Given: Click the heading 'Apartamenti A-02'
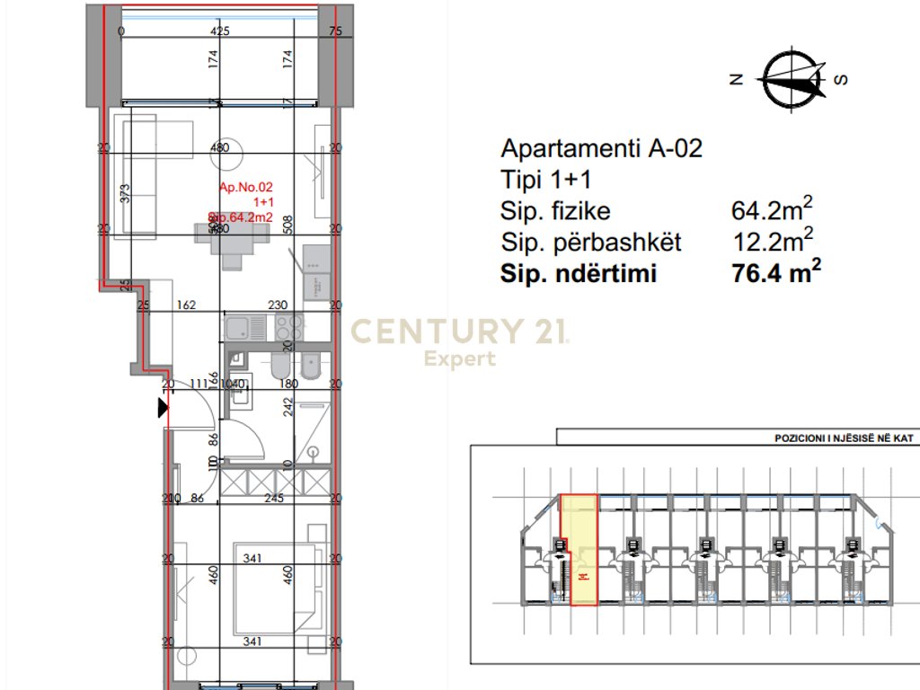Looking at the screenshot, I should tap(601, 149).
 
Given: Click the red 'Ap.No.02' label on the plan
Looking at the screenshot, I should tap(245, 188).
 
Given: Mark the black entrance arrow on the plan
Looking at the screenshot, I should tap(163, 409).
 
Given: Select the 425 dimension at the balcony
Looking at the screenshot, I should tap(220, 31).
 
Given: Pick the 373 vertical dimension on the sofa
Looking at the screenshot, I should tap(126, 193).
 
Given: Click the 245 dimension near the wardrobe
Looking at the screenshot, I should tap(274, 498).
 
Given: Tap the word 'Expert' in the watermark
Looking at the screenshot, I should tap(459, 359).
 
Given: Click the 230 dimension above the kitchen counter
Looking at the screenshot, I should tap(278, 305).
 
